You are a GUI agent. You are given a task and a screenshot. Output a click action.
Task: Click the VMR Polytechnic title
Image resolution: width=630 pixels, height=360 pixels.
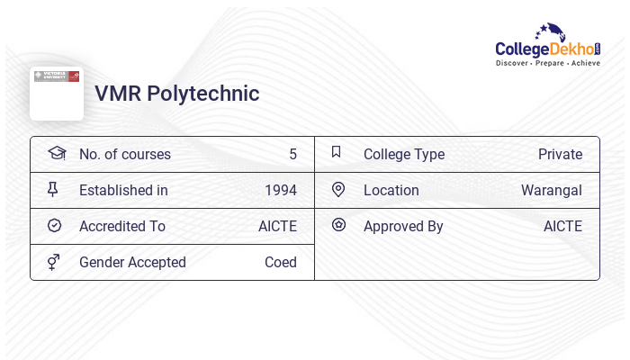176,94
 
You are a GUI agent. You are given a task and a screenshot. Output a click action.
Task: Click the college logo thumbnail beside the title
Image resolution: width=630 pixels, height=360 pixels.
57,92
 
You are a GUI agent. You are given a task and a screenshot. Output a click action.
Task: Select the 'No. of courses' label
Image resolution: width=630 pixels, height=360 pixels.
124,154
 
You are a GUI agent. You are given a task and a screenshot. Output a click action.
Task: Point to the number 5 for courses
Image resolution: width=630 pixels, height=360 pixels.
292,154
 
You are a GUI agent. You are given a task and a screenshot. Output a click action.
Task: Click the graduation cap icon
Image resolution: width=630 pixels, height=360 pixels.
56,153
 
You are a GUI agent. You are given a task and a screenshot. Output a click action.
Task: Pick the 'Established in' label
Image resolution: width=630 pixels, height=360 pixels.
123,190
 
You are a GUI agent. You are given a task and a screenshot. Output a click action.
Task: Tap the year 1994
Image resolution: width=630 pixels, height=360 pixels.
280,190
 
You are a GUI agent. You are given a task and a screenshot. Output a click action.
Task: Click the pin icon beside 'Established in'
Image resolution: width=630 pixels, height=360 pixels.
54,189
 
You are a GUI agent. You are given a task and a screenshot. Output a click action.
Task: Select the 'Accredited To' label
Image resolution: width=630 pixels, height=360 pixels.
122,226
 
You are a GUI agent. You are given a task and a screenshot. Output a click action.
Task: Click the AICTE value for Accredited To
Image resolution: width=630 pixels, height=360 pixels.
277,226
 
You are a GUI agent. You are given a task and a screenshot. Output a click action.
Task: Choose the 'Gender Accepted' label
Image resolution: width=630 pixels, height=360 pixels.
132,262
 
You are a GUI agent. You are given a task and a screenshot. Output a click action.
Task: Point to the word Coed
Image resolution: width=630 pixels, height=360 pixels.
280,262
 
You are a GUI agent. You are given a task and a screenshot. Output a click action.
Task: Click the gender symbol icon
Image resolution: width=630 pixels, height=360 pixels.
54,262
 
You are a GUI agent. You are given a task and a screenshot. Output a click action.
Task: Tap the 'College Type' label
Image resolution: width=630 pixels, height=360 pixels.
404,154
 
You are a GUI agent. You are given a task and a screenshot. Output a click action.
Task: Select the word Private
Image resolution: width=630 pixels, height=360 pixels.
560,154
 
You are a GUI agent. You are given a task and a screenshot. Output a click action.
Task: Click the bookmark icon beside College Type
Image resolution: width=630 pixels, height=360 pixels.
337,152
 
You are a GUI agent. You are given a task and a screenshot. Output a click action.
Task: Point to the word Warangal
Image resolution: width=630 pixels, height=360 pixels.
551,190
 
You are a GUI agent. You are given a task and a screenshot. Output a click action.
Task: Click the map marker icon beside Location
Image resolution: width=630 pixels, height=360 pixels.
338,189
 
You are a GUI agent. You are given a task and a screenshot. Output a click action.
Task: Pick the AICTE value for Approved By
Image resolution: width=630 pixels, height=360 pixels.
562,226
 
